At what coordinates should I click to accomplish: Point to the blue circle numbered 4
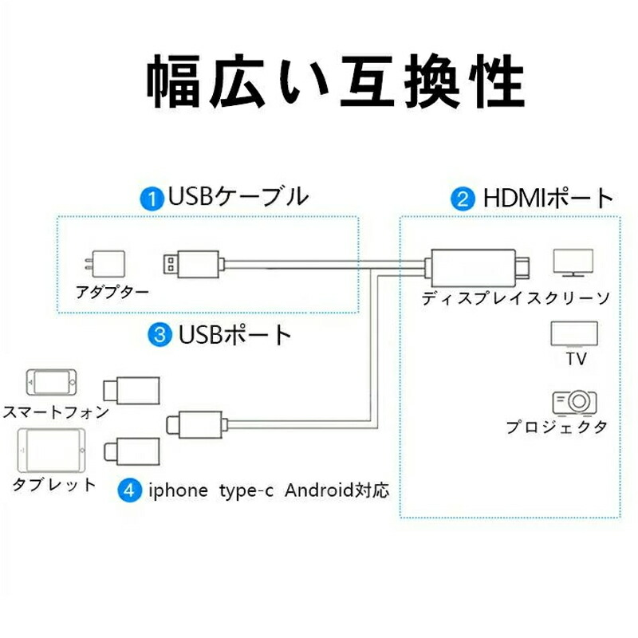[128, 489]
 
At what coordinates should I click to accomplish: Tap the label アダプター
[112, 292]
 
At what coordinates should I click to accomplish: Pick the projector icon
[574, 402]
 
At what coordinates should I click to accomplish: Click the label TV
[576, 360]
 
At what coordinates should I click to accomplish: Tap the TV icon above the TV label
[574, 333]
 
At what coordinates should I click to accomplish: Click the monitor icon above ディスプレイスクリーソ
[574, 262]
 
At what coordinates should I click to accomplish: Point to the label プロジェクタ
[557, 427]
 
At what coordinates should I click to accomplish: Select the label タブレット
[54, 484]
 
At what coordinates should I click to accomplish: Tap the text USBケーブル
[237, 197]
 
